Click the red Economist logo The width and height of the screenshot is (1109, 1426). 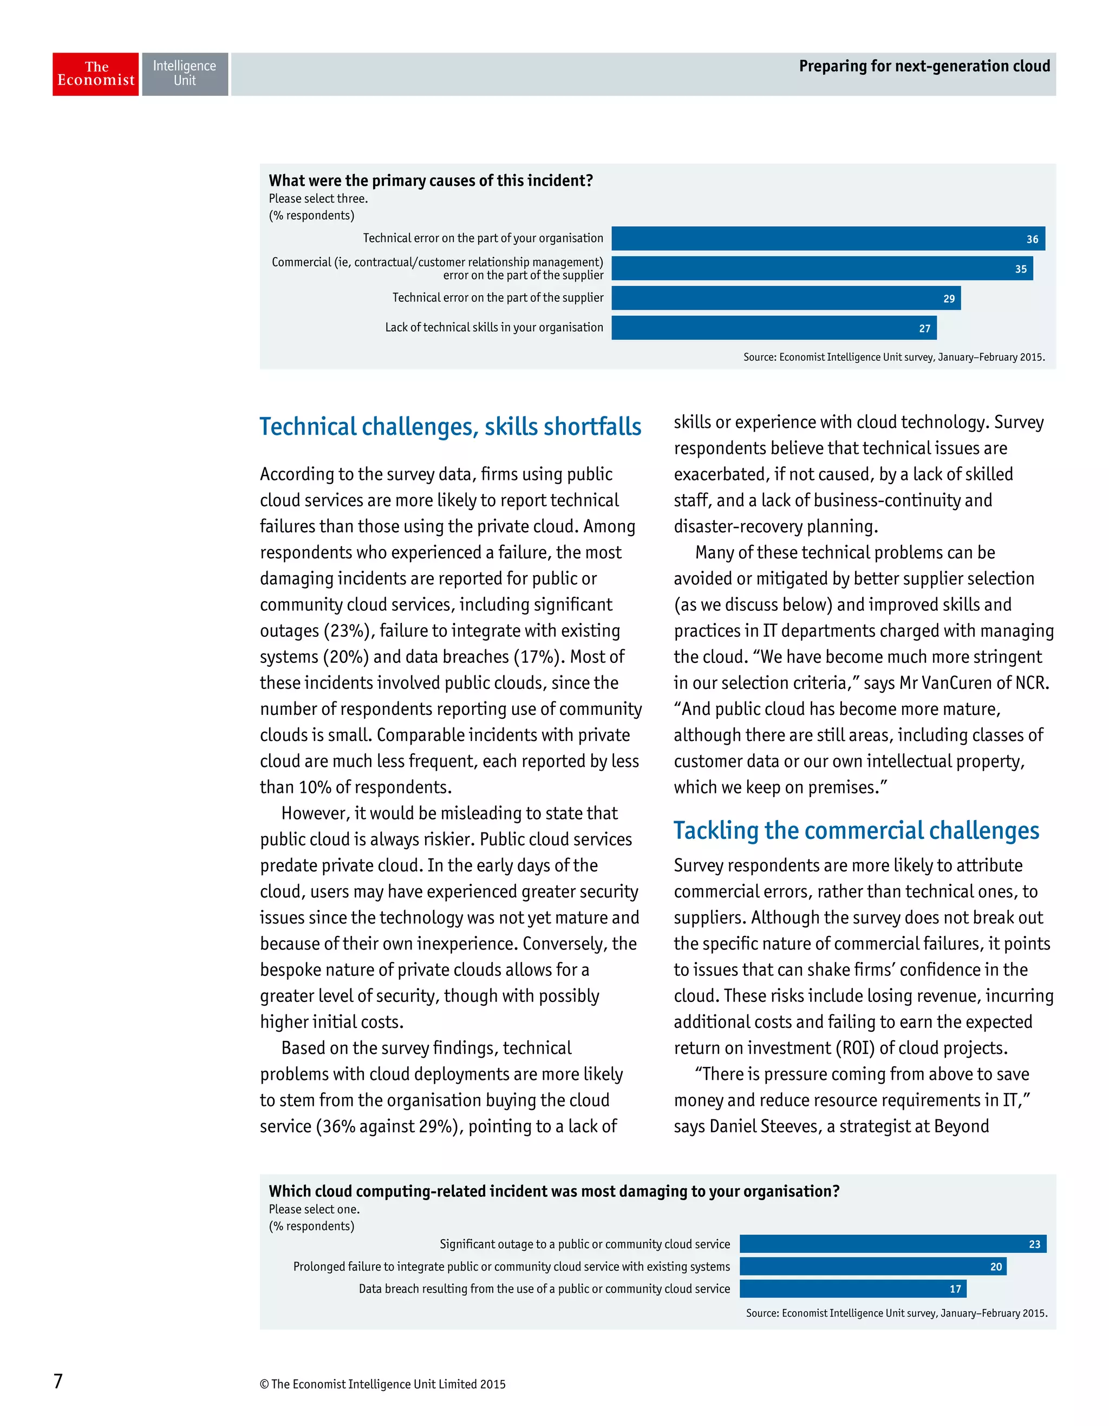coord(95,74)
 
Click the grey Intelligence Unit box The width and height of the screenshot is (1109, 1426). coord(185,74)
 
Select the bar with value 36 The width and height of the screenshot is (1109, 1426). coord(827,238)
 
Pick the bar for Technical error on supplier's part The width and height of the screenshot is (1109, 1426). coord(785,298)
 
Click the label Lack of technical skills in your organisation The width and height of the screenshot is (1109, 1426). coord(493,327)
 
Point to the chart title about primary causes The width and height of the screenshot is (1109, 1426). coord(431,180)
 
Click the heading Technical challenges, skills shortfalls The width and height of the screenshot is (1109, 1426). coord(451,426)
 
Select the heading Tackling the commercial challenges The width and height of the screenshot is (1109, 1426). coord(856,831)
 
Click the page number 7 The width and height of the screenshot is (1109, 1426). coord(58,1381)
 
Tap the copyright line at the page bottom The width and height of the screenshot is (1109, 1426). coord(382,1384)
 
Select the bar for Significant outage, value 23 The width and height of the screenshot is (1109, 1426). coord(892,1244)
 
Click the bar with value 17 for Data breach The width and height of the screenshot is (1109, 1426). coord(852,1289)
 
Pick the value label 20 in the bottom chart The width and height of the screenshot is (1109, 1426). coord(995,1267)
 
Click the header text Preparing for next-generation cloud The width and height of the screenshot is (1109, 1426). coord(924,66)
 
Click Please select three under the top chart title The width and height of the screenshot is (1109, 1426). coord(318,198)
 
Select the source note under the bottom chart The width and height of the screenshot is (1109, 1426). coord(896,1313)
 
